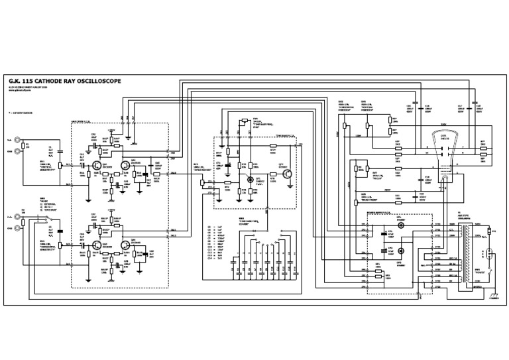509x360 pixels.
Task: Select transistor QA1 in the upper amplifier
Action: coord(97,164)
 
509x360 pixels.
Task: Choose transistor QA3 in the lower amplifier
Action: coord(97,245)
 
